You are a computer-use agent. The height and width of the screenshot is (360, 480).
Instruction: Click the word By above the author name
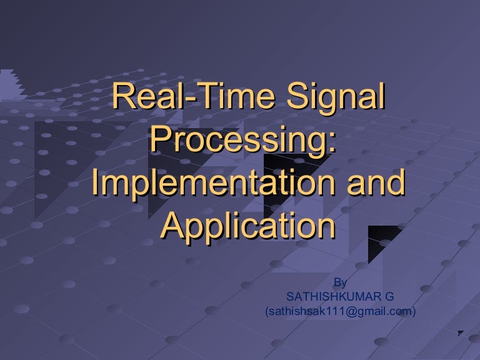(x=341, y=282)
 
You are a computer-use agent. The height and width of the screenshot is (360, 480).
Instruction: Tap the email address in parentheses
(x=341, y=310)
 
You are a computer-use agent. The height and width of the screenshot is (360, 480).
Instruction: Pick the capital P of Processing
(x=161, y=140)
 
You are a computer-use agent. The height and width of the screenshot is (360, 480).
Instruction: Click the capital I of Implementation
(x=96, y=182)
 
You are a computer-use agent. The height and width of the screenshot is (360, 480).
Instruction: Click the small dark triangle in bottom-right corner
(x=461, y=334)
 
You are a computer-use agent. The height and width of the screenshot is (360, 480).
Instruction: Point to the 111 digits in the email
(x=328, y=310)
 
